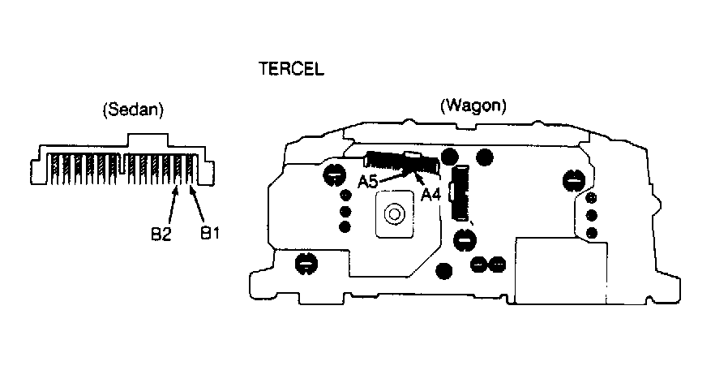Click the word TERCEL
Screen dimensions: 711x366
[x=291, y=69]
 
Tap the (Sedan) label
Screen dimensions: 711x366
[x=133, y=110]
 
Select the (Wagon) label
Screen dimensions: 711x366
[x=473, y=105]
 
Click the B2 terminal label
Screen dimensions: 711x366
[x=161, y=234]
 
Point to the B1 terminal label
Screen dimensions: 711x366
[x=210, y=233]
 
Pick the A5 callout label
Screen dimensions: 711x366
[x=368, y=182]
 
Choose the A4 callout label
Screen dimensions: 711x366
[x=430, y=194]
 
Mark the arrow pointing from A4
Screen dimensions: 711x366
[x=420, y=180]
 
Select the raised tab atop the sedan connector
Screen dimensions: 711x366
[x=148, y=140]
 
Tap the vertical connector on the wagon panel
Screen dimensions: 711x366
[x=460, y=192]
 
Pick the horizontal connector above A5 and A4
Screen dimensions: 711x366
[x=402, y=161]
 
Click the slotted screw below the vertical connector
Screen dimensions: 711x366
[x=464, y=239]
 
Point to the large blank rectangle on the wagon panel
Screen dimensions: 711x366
[x=561, y=270]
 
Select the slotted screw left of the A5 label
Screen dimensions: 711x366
[x=334, y=175]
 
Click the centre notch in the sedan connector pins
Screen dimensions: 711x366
[x=122, y=166]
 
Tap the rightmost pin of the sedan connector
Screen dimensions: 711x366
[x=195, y=169]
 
